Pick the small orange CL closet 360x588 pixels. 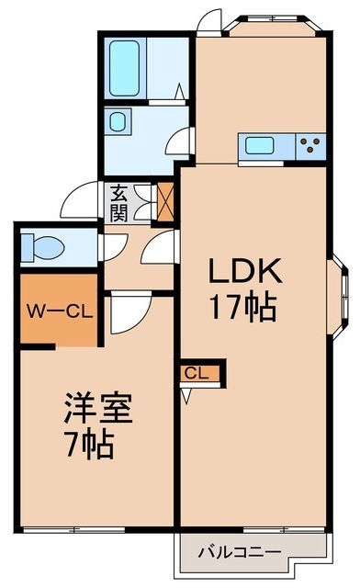tap(195, 372)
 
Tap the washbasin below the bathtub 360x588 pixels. tap(118, 122)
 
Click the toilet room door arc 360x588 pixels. tap(112, 247)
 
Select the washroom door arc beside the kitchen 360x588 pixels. tap(179, 141)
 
